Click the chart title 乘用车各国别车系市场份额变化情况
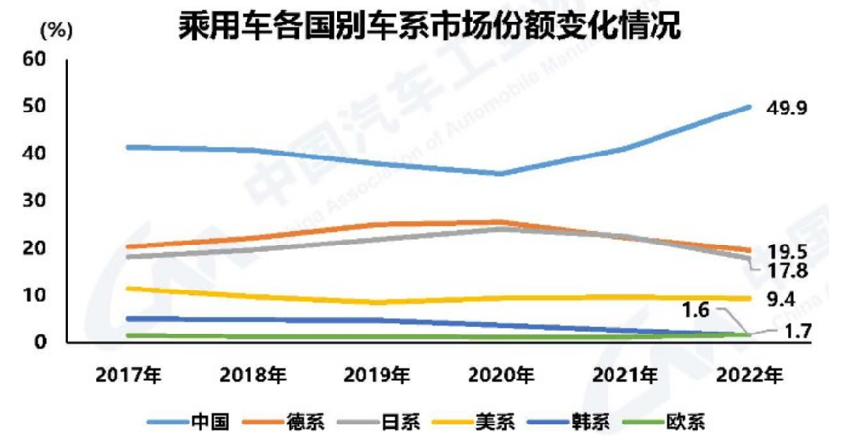pyautogui.click(x=427, y=24)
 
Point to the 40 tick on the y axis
pyautogui.click(x=35, y=154)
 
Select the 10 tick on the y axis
pyautogui.click(x=35, y=295)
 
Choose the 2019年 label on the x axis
pyautogui.click(x=377, y=374)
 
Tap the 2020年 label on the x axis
pyautogui.click(x=501, y=374)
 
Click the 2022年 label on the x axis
pyautogui.click(x=749, y=374)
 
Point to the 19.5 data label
pyautogui.click(x=787, y=250)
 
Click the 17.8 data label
pyautogui.click(x=787, y=270)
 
